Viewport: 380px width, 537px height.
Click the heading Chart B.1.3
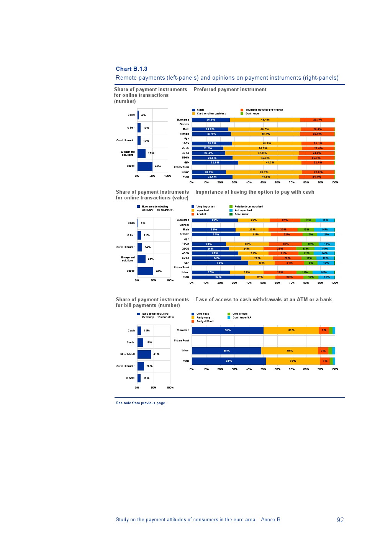131,69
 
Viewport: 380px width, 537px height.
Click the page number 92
340,520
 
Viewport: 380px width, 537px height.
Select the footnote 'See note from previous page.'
141,403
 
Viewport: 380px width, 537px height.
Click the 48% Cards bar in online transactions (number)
145,166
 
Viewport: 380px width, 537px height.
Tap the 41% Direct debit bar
144,354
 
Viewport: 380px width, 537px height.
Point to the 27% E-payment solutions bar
141,153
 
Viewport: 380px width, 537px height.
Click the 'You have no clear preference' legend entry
264,110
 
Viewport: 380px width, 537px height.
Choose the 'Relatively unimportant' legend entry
249,207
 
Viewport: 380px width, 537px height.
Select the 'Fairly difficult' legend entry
205,322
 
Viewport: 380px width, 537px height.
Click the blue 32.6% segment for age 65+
215,163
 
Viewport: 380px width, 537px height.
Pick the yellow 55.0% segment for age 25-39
263,149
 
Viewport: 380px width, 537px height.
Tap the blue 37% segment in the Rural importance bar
218,277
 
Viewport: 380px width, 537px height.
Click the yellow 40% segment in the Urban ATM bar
290,351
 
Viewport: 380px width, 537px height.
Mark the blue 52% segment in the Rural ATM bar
229,361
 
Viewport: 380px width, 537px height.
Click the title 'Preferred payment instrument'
230,90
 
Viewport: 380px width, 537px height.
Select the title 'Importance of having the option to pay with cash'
255,192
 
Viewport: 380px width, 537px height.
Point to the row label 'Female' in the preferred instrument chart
185,134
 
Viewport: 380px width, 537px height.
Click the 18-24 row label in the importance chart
185,244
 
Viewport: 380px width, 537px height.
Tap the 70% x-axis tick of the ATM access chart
292,369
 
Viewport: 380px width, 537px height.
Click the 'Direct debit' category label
128,354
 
